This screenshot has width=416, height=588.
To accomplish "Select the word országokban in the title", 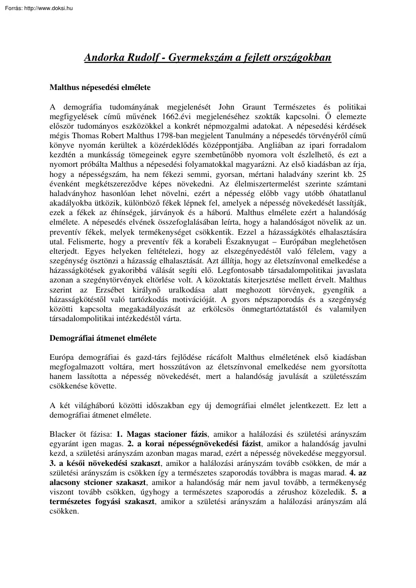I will (x=300, y=58).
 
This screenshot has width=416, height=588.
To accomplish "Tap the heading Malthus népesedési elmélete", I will (x=100, y=87).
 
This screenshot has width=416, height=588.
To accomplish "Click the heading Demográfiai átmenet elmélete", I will (x=103, y=338).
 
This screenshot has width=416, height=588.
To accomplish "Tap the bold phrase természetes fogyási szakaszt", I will (x=102, y=501).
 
